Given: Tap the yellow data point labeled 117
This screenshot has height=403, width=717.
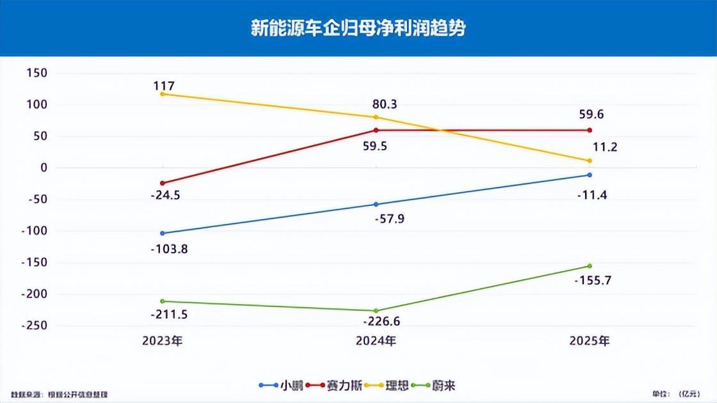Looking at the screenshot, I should click(163, 94).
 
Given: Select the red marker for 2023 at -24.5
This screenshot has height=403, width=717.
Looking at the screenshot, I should click(163, 183).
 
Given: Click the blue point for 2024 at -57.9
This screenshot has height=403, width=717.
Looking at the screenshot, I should click(376, 204).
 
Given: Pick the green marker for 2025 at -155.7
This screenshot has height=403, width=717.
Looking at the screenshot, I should click(590, 266).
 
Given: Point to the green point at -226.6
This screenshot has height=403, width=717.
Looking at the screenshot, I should click(376, 311).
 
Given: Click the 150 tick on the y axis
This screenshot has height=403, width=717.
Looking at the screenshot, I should click(36, 73).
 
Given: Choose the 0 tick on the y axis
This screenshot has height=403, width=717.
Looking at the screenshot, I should click(44, 168).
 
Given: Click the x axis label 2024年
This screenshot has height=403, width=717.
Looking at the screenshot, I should click(376, 341).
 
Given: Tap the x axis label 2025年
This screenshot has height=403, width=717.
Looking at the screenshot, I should click(590, 341).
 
